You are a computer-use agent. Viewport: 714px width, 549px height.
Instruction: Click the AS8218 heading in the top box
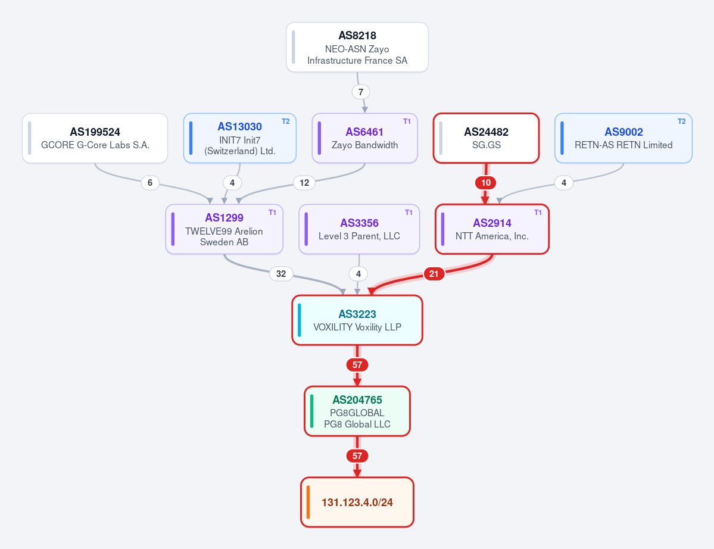(357, 36)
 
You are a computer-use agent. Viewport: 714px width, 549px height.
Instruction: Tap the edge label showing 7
(361, 92)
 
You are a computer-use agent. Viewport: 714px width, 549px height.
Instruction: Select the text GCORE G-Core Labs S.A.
(95, 145)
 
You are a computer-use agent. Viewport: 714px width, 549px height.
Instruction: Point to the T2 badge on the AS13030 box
(285, 121)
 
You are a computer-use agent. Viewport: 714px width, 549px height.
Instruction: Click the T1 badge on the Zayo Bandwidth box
(407, 121)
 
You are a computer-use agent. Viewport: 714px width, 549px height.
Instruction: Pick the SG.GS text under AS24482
(487, 145)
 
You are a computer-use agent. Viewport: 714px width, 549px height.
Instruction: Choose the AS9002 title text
(623, 132)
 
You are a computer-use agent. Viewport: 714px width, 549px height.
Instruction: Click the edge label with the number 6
(150, 183)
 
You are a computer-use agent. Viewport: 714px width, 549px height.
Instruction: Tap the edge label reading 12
(304, 183)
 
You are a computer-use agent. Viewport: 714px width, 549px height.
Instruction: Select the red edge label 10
(486, 183)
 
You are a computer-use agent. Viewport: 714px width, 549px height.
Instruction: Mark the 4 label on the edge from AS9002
(564, 183)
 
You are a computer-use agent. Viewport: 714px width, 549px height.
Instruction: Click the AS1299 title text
(224, 217)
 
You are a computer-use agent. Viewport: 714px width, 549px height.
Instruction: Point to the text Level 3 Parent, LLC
(359, 236)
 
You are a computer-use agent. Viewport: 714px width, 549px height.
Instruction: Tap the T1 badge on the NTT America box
(538, 213)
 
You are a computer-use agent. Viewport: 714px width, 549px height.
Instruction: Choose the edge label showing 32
(281, 273)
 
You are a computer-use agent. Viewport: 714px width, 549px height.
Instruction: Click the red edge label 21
(434, 273)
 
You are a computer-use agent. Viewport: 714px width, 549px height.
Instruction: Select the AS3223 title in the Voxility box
(357, 314)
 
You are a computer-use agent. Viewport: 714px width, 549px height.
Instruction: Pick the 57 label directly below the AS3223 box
(357, 364)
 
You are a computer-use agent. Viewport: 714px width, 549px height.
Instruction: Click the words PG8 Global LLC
(357, 425)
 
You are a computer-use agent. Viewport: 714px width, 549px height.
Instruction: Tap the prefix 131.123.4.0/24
(357, 502)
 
